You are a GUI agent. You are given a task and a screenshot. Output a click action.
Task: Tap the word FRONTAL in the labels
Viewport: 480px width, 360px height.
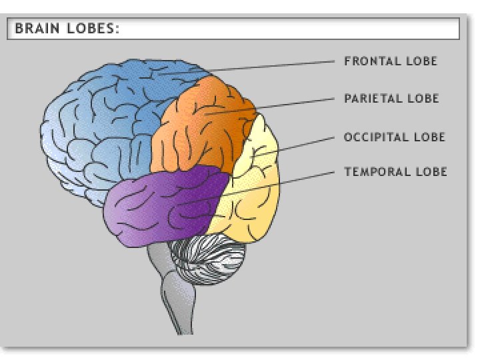[367, 61]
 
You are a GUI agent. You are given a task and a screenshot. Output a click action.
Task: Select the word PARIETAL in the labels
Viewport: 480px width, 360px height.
[369, 99]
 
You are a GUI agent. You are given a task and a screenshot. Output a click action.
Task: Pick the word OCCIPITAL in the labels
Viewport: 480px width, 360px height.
[372, 137]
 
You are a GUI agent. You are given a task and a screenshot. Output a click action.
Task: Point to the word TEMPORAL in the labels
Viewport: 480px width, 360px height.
[371, 172]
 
